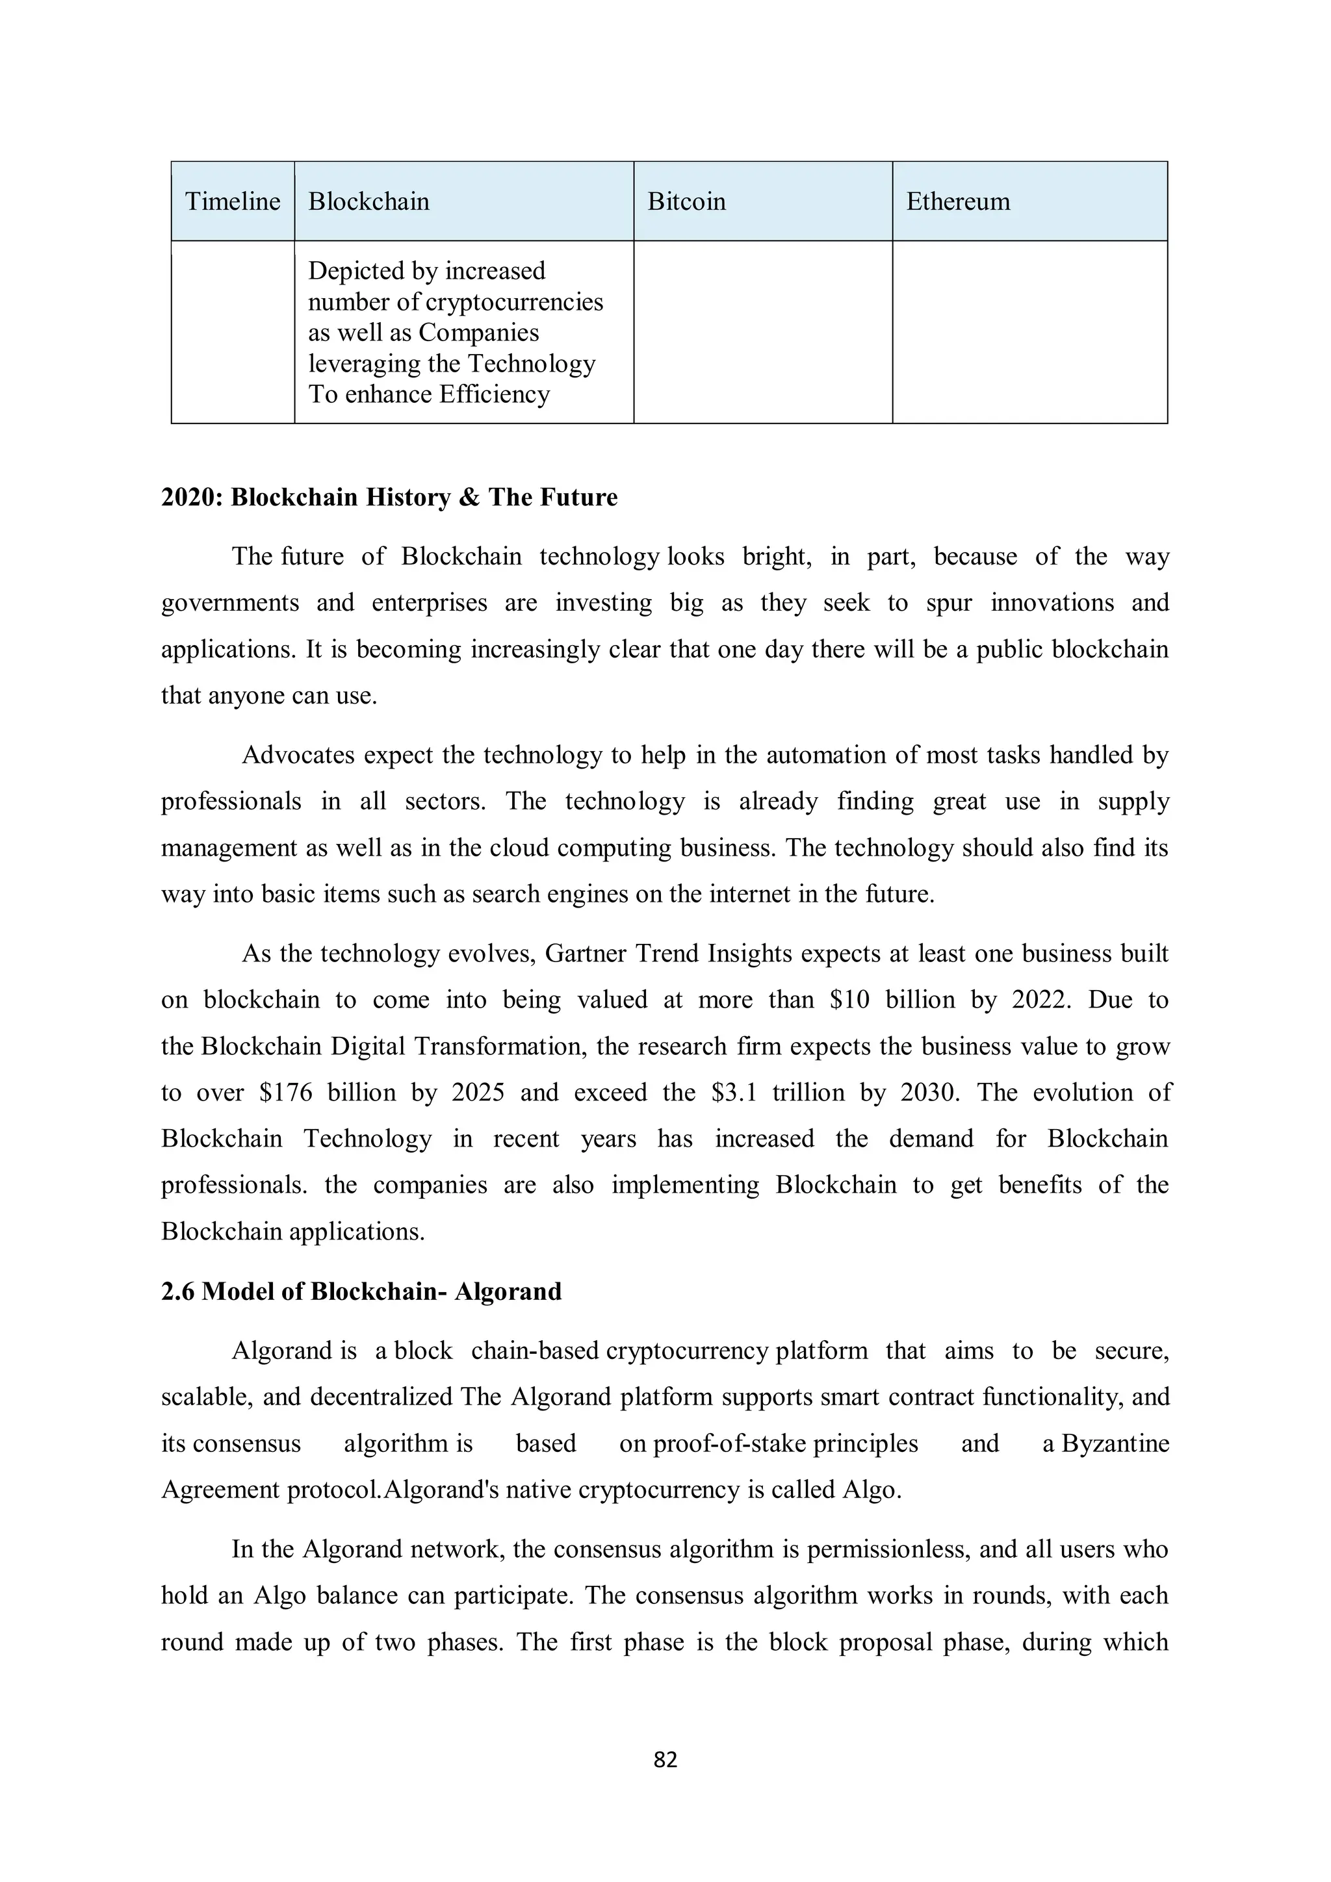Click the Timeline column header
coord(232,201)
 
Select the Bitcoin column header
coord(686,201)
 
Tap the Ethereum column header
coord(957,201)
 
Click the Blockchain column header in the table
coord(368,201)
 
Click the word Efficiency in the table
coord(494,394)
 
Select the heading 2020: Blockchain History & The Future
coord(389,498)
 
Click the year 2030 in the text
coord(929,1093)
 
